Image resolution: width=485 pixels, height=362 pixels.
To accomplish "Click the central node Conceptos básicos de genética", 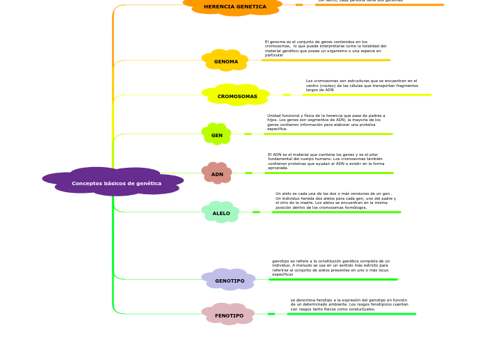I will [x=116, y=183].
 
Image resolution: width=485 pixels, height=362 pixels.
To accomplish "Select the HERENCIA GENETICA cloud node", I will [x=234, y=7].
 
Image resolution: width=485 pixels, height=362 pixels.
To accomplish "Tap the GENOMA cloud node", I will [x=226, y=61].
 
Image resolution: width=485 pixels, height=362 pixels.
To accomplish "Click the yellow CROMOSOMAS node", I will [x=237, y=96].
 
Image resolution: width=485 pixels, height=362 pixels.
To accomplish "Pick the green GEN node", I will [x=217, y=135].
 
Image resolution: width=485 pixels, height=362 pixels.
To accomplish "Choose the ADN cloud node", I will [x=217, y=174].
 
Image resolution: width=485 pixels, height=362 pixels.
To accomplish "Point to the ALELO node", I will [x=221, y=213].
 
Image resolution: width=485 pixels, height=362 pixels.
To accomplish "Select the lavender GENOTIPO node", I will [x=230, y=281].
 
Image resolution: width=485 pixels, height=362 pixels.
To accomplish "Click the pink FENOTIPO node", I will [x=229, y=315].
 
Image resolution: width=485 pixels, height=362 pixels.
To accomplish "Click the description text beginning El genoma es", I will [x=325, y=49].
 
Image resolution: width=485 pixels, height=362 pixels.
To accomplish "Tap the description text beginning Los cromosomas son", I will [x=362, y=86].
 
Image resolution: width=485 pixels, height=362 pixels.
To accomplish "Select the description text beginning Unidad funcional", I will [x=326, y=123].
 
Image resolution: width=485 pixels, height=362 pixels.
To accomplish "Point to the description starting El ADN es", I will [x=326, y=162].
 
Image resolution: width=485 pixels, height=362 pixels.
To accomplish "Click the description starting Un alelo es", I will [x=335, y=200].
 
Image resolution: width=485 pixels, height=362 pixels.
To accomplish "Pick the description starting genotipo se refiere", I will [x=331, y=268].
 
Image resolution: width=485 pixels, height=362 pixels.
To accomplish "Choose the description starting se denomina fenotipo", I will [x=349, y=305].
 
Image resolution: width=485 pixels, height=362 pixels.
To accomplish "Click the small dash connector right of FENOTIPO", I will [x=271, y=314].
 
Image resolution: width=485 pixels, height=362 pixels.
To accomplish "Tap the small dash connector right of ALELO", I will [x=256, y=212].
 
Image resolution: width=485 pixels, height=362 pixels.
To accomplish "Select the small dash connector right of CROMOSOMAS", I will [x=287, y=95].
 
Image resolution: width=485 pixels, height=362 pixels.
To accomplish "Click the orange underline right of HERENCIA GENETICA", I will [x=379, y=5].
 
